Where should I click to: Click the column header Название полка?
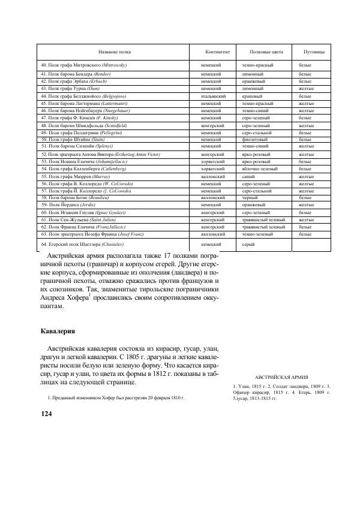[110, 52]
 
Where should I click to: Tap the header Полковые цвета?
[262, 52]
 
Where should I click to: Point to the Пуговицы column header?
[314, 52]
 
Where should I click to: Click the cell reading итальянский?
[212, 95]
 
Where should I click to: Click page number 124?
[47, 414]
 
